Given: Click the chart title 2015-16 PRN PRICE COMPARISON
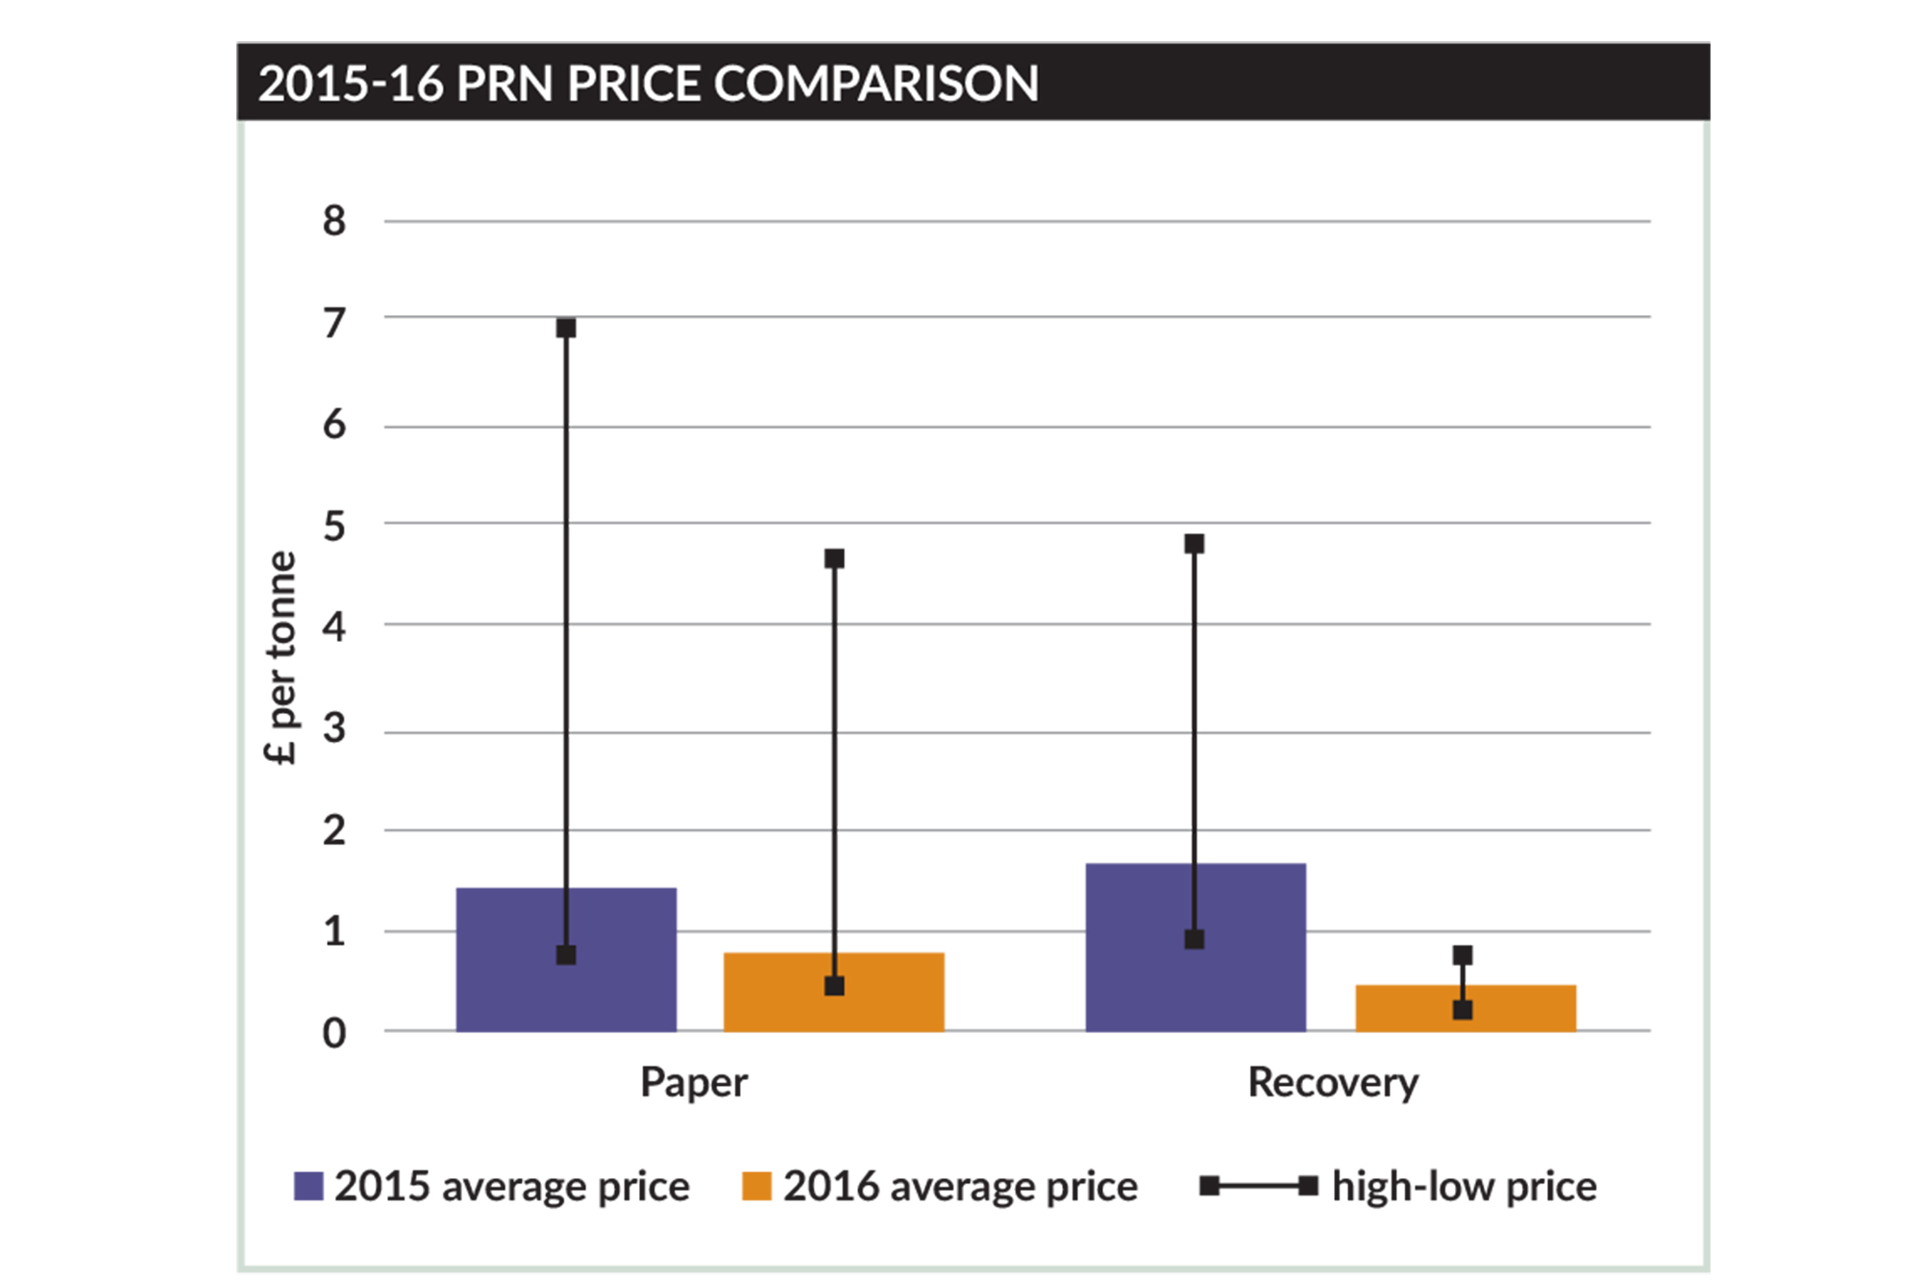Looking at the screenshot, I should click(649, 84).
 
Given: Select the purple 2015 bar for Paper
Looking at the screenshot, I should click(509, 961).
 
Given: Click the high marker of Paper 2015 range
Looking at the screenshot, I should click(566, 329).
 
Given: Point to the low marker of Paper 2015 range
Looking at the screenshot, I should click(566, 955).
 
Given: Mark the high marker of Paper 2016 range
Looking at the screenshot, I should click(834, 558).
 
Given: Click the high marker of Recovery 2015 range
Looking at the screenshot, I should click(1195, 544).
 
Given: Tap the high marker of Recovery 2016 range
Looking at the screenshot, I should click(1463, 955).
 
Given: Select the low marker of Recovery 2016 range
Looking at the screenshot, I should click(1463, 1010).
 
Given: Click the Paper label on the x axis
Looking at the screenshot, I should click(694, 1083).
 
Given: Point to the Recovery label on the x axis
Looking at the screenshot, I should click(1333, 1083).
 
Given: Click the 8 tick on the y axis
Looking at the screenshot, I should click(334, 222).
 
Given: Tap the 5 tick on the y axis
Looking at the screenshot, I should click(334, 527).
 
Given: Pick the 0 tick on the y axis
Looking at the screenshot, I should click(334, 1034).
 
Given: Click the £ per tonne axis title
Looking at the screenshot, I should click(280, 658).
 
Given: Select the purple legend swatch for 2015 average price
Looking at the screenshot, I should click(308, 1186).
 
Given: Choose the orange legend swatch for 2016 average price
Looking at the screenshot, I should click(757, 1186).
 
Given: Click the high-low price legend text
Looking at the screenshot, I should click(1465, 1187).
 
